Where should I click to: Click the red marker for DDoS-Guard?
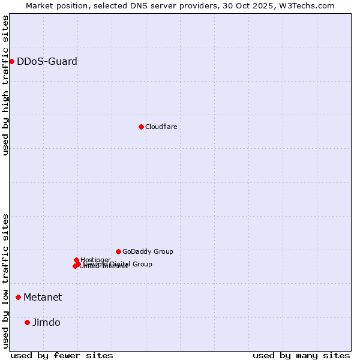(x=11, y=61)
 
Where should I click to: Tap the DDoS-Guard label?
(x=47, y=61)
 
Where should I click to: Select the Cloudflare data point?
(x=141, y=127)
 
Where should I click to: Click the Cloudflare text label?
(x=161, y=127)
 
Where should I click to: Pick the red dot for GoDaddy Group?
(x=118, y=251)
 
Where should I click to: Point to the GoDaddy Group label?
(x=148, y=251)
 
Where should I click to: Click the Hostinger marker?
(x=76, y=260)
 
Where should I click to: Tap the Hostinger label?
(x=95, y=260)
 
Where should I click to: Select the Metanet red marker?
(x=18, y=297)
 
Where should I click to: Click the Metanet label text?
(x=43, y=297)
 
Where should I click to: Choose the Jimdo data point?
(x=27, y=322)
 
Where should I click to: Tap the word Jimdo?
(x=46, y=322)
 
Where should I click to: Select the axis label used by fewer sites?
(x=62, y=355)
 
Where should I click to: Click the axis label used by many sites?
(x=301, y=355)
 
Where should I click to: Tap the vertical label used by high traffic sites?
(x=5, y=85)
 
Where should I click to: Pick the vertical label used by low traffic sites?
(x=5, y=281)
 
